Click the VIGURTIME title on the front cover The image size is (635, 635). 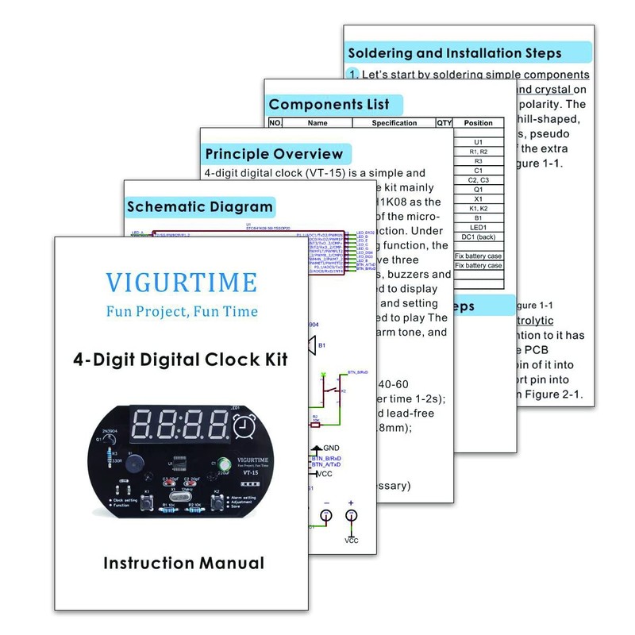pos(182,282)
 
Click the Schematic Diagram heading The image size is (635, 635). pos(200,207)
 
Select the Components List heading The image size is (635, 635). pos(329,104)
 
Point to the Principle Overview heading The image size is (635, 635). pos(274,154)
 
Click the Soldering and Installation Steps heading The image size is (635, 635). pos(455,54)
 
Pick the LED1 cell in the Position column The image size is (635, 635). pos(478,226)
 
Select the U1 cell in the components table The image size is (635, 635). pos(478,140)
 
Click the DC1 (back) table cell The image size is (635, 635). pos(478,237)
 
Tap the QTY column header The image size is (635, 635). pos(444,123)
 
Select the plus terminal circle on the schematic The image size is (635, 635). pos(351,516)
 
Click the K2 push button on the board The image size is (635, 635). pos(216,503)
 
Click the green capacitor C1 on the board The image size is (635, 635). pos(226,464)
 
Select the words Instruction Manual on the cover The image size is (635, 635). pos(183,564)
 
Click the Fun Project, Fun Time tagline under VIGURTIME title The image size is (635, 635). pos(182,310)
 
